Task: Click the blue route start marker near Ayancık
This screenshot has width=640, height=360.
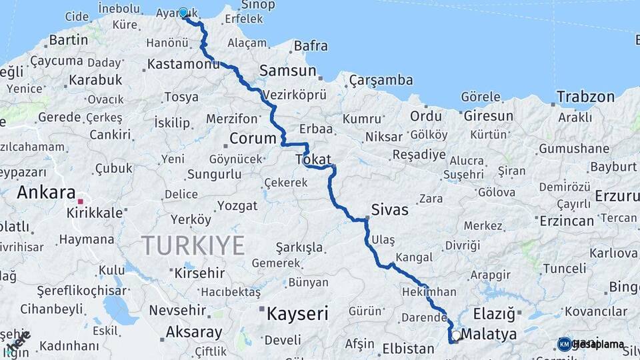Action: [x=183, y=13]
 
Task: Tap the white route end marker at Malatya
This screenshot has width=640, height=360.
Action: [x=456, y=336]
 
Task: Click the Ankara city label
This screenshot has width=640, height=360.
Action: [x=46, y=193]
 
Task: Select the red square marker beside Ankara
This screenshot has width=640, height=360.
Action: [x=81, y=201]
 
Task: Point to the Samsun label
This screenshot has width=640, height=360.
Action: [x=287, y=71]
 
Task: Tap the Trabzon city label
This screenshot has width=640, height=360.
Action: [x=585, y=97]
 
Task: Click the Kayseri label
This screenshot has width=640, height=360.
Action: [x=297, y=313]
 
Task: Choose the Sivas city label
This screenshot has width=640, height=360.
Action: [x=390, y=209]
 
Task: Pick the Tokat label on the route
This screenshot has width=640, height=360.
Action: [x=313, y=159]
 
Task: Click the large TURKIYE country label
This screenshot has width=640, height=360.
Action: [x=193, y=245]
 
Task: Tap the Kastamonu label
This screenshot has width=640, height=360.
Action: [x=183, y=65]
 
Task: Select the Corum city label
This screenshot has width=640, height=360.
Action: [x=253, y=139]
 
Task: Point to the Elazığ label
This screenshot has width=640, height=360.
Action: [x=494, y=313]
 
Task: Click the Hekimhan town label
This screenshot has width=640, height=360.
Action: [x=429, y=292]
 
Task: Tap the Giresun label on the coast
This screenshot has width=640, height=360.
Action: [x=489, y=116]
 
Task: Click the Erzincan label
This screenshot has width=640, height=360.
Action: [x=567, y=220]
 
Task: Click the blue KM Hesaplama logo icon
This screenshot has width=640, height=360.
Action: [x=565, y=344]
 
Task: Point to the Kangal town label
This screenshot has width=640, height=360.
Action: [x=413, y=257]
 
